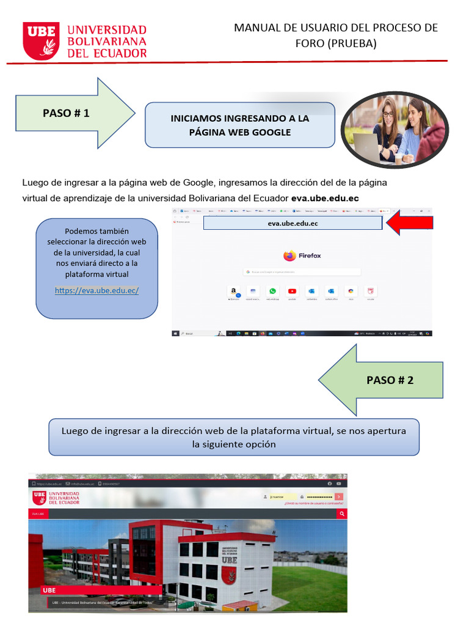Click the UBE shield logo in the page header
pyautogui.click(x=41, y=41)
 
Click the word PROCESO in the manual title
pyautogui.click(x=398, y=28)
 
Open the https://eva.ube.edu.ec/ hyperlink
pyautogui.click(x=96, y=290)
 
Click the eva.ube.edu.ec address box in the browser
pyautogui.click(x=293, y=224)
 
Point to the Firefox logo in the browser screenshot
pyautogui.click(x=289, y=256)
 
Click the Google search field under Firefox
pyautogui.click(x=303, y=271)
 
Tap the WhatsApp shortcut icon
pyautogui.click(x=272, y=292)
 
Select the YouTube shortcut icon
pyautogui.click(x=292, y=292)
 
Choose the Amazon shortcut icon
pyautogui.click(x=233, y=292)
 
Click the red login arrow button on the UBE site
pyautogui.click(x=339, y=497)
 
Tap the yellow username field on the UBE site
pyautogui.click(x=282, y=497)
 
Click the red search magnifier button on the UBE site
pyautogui.click(x=342, y=514)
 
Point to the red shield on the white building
pyautogui.click(x=229, y=575)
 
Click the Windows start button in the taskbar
pyautogui.click(x=176, y=334)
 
